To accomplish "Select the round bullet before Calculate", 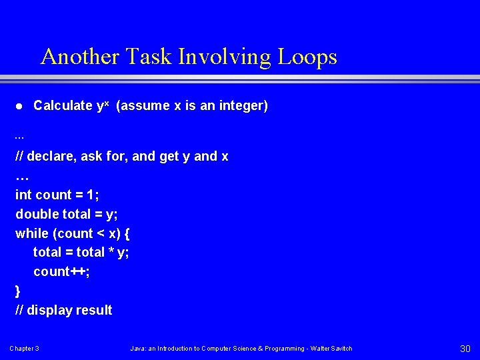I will (19, 106).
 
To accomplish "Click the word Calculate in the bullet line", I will (63, 105).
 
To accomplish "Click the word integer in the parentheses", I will (239, 105).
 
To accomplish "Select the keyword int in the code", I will (23, 195).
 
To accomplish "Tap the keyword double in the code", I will (37, 214).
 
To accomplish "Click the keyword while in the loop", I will (32, 233).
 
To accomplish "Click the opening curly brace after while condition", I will (127, 233).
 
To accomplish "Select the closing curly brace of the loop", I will (18, 291).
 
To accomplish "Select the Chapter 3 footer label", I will (24, 349).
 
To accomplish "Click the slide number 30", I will (465, 349).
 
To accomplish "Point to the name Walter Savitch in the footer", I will (333, 349).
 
